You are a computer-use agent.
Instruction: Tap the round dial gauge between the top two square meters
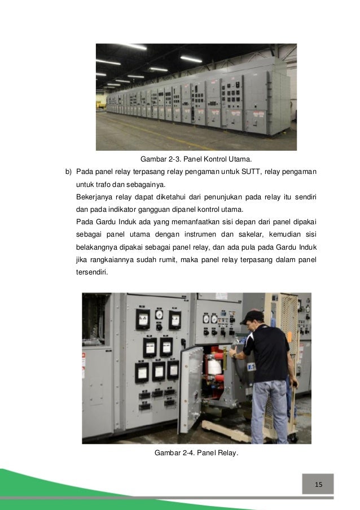tap(159, 315)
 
